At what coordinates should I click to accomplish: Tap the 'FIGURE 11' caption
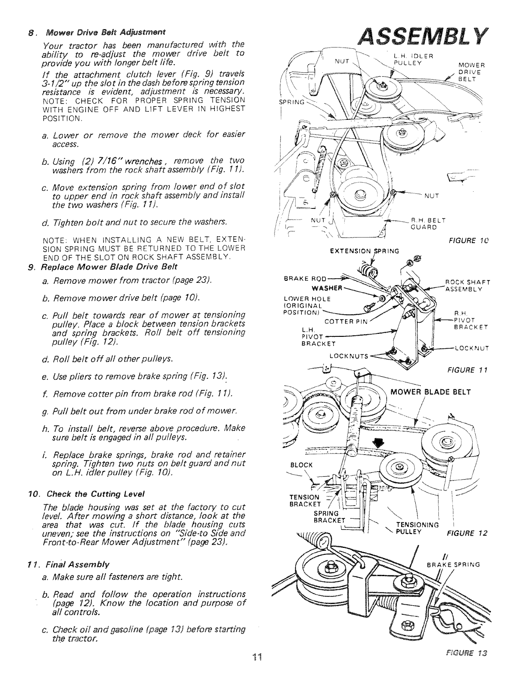(473, 369)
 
